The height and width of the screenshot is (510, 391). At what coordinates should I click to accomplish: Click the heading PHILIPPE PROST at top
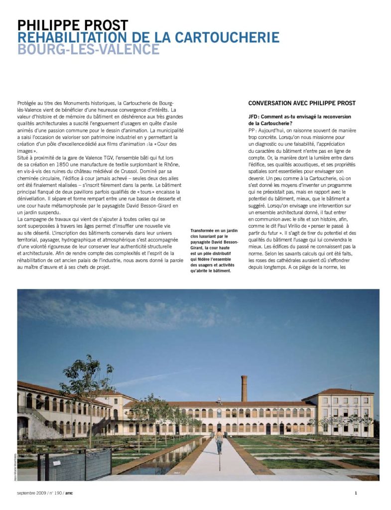[72, 25]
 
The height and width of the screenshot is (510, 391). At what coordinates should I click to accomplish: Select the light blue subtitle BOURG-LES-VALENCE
[88, 50]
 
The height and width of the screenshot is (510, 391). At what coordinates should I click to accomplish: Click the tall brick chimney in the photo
[244, 388]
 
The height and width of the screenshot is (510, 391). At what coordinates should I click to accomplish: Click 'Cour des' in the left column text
[162, 144]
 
